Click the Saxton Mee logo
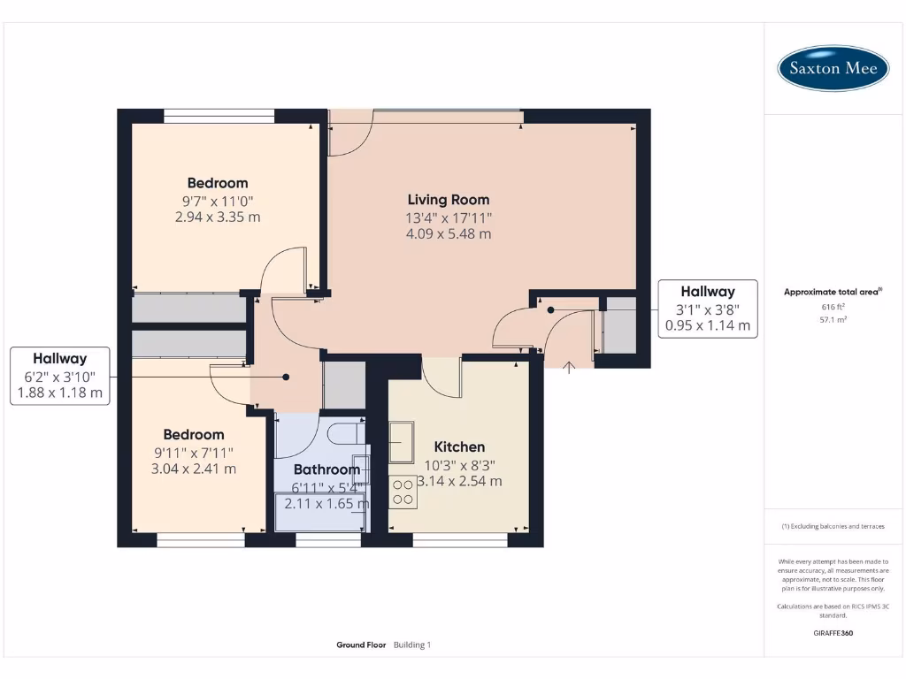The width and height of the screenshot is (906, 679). pyautogui.click(x=833, y=68)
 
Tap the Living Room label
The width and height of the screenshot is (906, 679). pyautogui.click(x=448, y=200)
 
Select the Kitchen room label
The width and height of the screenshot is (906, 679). pyautogui.click(x=459, y=446)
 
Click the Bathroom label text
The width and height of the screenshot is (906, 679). pyautogui.click(x=326, y=469)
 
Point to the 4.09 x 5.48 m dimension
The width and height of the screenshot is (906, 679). pyautogui.click(x=448, y=234)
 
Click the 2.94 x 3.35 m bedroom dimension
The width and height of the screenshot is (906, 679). pyautogui.click(x=218, y=217)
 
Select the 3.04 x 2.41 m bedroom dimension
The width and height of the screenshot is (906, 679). pyautogui.click(x=194, y=469)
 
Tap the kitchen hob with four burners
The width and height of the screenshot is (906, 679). pyautogui.click(x=403, y=492)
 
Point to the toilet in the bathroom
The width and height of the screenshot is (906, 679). pyautogui.click(x=342, y=433)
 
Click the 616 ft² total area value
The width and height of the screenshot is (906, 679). pyautogui.click(x=833, y=307)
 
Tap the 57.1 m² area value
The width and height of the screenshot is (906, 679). pyautogui.click(x=833, y=319)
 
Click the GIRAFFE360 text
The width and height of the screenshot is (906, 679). pyautogui.click(x=833, y=633)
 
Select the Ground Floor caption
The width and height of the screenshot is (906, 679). pyautogui.click(x=361, y=645)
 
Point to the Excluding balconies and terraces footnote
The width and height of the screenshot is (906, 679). pyautogui.click(x=833, y=526)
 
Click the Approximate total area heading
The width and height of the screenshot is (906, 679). pyautogui.click(x=833, y=292)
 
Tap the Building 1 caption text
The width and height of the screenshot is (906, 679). pyautogui.click(x=411, y=645)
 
